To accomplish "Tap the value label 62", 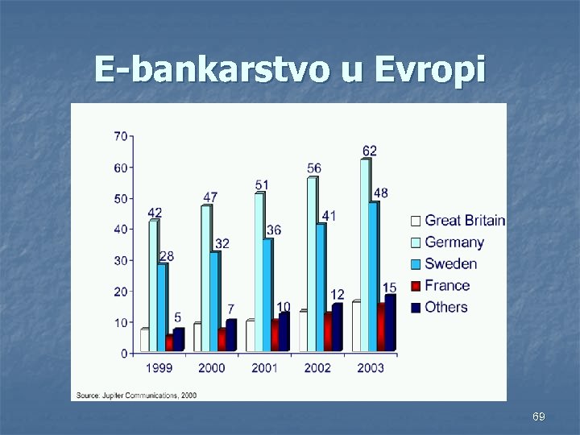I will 369,151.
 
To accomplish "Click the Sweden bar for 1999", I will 162,306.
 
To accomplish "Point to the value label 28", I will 167,255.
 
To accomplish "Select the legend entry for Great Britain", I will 457,221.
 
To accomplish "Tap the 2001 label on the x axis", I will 263,368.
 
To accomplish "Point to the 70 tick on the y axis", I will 119,136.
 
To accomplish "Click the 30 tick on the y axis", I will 119,260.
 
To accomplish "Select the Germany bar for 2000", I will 205,278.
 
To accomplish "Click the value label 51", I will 262,185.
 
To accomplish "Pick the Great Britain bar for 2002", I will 303,331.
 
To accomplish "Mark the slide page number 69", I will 539,416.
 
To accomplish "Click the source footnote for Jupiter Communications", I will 136,395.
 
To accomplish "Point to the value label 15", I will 389,288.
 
